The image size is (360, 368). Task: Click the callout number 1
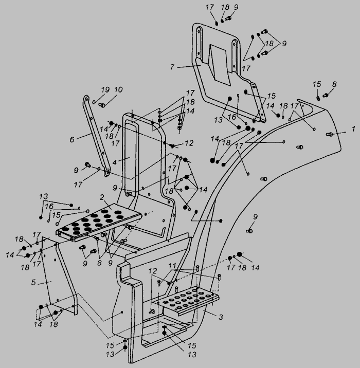tap(353, 129)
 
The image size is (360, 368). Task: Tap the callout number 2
tap(102, 197)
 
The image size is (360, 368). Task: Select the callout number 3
tap(221, 317)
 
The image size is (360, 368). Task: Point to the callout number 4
tap(115, 162)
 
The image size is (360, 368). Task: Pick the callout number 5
tap(33, 282)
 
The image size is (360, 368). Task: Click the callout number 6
tap(72, 139)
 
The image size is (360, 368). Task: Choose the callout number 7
tap(172, 67)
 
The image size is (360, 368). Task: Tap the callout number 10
tap(118, 89)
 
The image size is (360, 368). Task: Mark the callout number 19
tap(105, 89)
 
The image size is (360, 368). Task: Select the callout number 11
tap(172, 266)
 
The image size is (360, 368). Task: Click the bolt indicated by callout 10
tap(102, 105)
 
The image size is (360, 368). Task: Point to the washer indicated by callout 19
tap(94, 102)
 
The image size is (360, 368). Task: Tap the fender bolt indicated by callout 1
tap(329, 134)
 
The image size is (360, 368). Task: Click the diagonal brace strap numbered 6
tap(97, 136)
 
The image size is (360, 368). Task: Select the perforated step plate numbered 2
tap(99, 222)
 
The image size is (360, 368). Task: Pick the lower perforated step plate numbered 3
tap(186, 301)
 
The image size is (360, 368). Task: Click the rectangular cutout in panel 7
tap(220, 64)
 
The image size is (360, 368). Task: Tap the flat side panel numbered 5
tap(60, 276)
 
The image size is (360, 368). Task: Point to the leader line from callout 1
tap(339, 133)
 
